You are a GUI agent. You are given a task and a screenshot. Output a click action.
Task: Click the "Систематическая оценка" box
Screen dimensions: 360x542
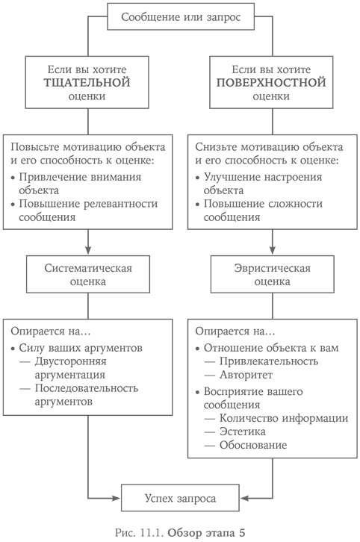[x=89, y=275]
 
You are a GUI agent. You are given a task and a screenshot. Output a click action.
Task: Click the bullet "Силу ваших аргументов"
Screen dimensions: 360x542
[x=82, y=347]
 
